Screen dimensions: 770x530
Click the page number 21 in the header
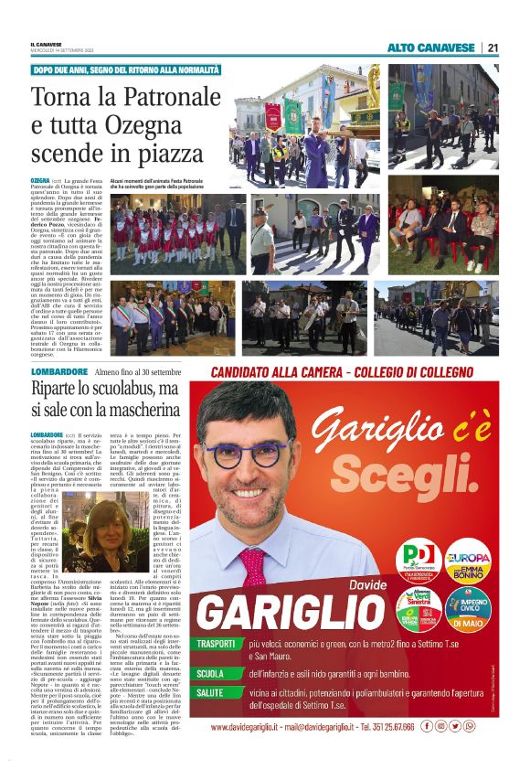point(493,48)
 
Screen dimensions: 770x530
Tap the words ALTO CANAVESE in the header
point(430,48)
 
